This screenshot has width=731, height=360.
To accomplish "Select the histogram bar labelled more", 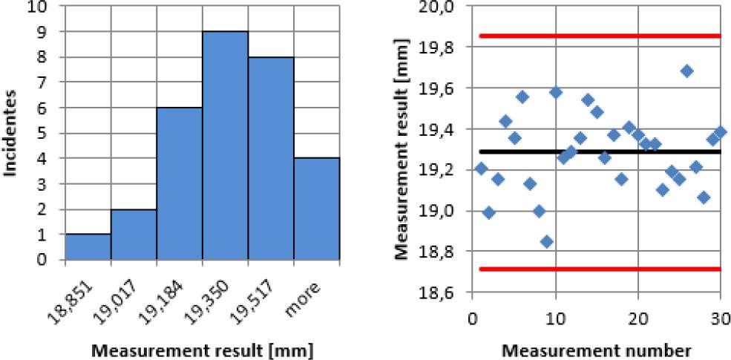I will point(317,209).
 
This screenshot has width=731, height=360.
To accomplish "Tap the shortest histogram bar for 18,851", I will point(88,247).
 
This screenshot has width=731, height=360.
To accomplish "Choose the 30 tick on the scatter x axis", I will point(718,318).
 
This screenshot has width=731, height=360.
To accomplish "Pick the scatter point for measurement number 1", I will point(481,168).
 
